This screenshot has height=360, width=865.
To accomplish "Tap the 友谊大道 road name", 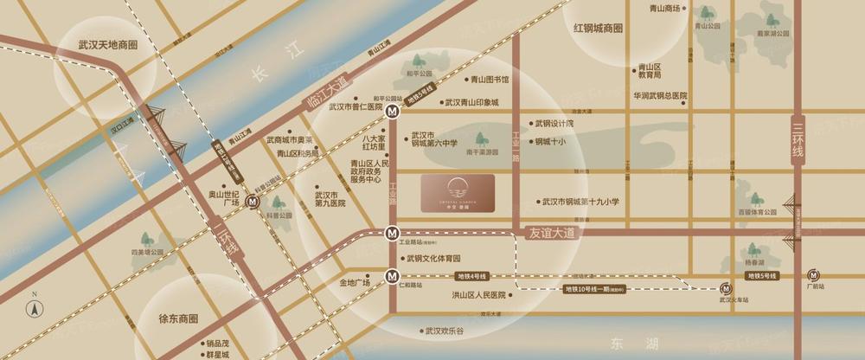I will [552, 232].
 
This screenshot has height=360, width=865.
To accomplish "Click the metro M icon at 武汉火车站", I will [726, 289].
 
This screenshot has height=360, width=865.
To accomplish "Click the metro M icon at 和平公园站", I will [393, 111].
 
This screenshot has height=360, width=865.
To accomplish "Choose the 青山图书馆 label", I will [490, 79].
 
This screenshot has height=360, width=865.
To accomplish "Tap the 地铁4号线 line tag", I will [471, 276].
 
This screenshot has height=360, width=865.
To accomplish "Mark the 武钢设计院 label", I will [554, 123].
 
